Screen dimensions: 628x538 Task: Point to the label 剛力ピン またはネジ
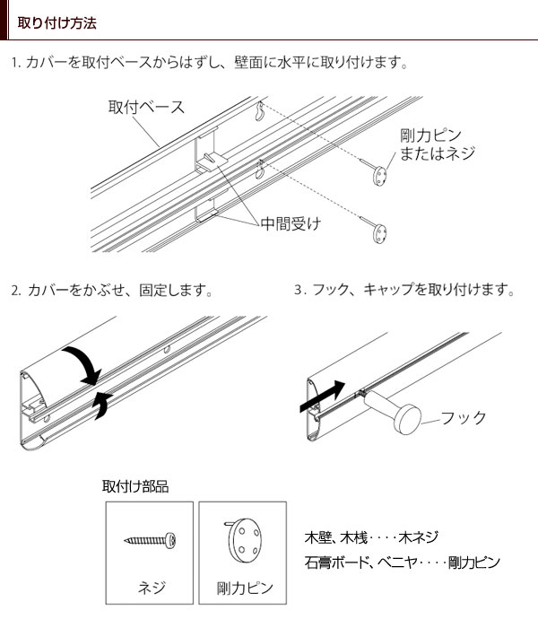pyautogui.click(x=437, y=144)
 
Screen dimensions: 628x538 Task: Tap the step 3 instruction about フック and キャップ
pyautogui.click(x=404, y=291)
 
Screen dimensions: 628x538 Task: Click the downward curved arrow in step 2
pyautogui.click(x=82, y=364)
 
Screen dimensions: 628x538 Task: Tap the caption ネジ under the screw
pyautogui.click(x=152, y=589)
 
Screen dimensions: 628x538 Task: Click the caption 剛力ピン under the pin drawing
pyautogui.click(x=245, y=589)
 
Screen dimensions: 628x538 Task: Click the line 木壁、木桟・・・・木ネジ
pyautogui.click(x=371, y=537)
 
